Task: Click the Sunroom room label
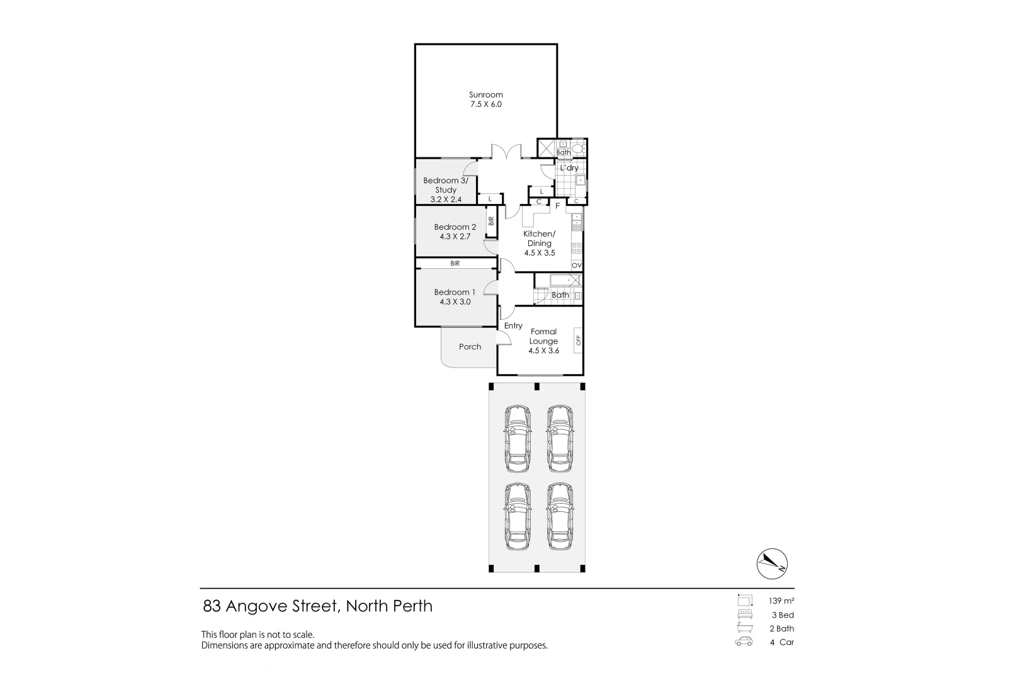point(485,94)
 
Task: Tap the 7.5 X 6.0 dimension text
point(485,105)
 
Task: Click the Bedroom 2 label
point(455,227)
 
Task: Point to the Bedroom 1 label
point(455,292)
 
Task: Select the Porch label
point(470,347)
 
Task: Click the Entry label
point(513,326)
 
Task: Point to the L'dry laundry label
point(569,168)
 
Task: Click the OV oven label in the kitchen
point(576,266)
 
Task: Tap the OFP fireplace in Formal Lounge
point(578,341)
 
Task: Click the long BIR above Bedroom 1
point(455,264)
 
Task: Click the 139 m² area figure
point(781,601)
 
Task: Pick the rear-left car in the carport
point(518,438)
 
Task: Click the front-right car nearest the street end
point(560,516)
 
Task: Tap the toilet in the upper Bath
point(580,148)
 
